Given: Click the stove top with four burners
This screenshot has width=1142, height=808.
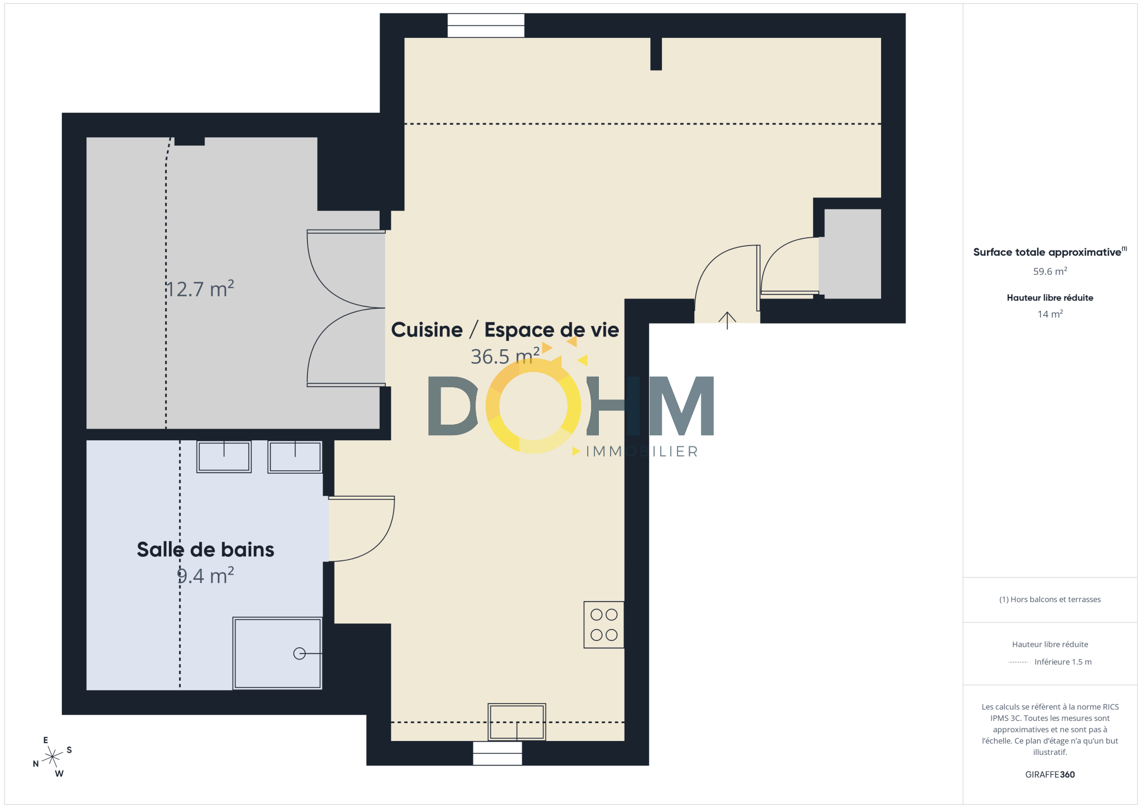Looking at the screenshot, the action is click(x=603, y=624).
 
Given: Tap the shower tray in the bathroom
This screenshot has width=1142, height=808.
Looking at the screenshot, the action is click(x=277, y=653).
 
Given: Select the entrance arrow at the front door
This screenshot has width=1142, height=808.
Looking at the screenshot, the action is click(x=727, y=320).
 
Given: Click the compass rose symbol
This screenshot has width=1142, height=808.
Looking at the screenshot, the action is click(x=52, y=757).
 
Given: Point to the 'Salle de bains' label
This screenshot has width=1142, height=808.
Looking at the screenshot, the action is click(x=205, y=550).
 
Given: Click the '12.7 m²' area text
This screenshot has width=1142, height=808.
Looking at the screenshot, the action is click(x=200, y=289).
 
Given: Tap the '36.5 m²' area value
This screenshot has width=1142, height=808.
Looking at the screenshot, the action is click(x=505, y=356).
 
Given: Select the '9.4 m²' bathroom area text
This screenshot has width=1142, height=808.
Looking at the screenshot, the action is click(x=206, y=575).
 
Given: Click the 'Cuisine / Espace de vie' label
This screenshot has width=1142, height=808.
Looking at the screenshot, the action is click(x=505, y=330).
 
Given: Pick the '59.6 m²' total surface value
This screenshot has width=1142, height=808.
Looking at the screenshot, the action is click(x=1050, y=271).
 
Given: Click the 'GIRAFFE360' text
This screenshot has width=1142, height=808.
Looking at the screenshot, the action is click(x=1050, y=775).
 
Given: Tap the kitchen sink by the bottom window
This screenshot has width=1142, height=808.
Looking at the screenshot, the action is click(x=517, y=722).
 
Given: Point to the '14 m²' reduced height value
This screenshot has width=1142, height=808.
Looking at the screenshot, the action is click(x=1050, y=314).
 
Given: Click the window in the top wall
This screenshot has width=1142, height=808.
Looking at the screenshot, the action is click(x=486, y=26).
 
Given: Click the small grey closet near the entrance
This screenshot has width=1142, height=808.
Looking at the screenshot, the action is click(x=853, y=254).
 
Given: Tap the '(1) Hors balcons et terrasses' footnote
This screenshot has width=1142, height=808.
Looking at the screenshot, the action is click(x=1050, y=599).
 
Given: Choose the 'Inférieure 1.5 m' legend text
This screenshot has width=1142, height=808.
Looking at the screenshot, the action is click(x=1063, y=662).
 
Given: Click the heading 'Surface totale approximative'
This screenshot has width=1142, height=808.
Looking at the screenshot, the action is click(x=1047, y=252).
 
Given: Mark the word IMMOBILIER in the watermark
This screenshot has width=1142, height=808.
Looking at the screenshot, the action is click(x=642, y=451).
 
